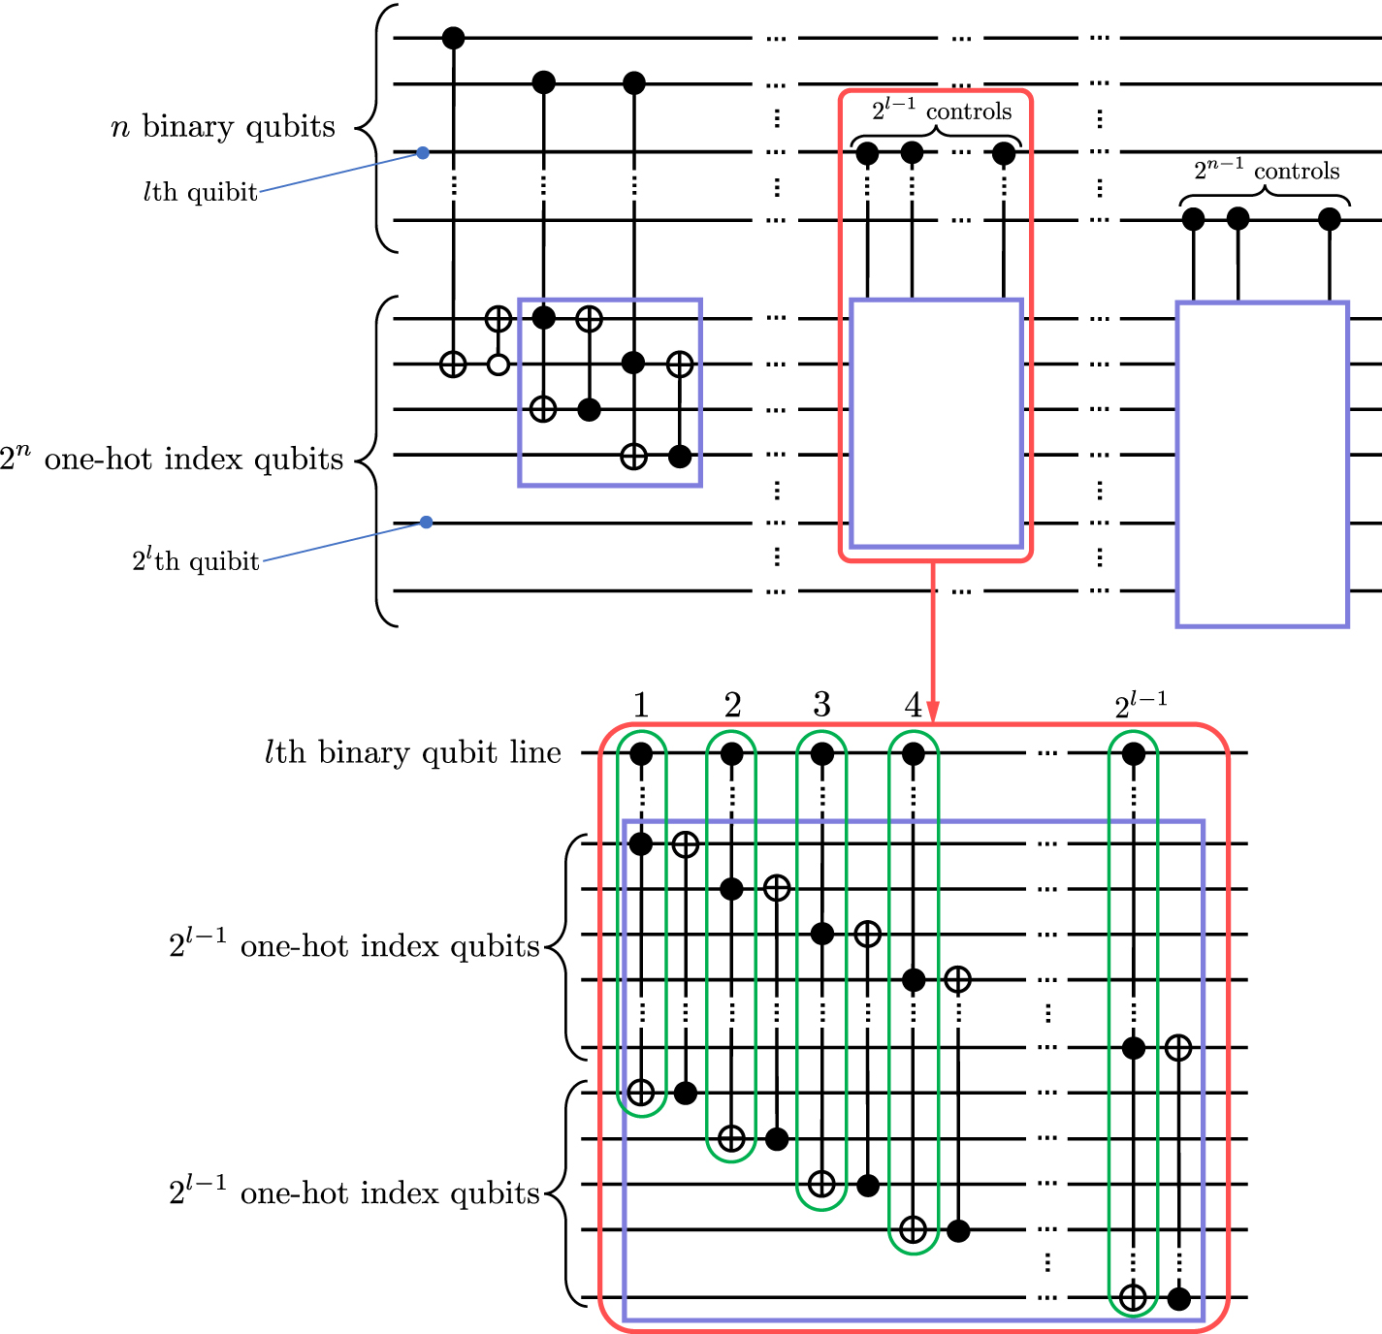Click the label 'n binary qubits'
pos(223,127)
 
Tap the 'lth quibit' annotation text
pos(200,192)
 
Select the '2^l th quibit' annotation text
pos(196,560)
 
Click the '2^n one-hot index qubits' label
pos(172,459)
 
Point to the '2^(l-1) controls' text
pos(941,111)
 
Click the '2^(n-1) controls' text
pos(1266,171)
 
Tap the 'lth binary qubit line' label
pos(412,753)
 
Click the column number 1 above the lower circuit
pos(641,705)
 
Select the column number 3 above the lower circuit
pos(821,705)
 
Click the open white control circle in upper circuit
pos(498,365)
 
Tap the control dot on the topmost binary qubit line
pos(453,38)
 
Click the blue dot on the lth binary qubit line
pos(423,152)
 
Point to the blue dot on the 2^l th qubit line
pos(426,523)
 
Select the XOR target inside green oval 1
pos(641,1094)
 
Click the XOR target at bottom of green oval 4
pos(913,1230)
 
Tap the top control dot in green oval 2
pos(732,753)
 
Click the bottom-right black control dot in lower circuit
pos(1178,1298)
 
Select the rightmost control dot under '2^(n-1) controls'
pos(1330,220)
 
